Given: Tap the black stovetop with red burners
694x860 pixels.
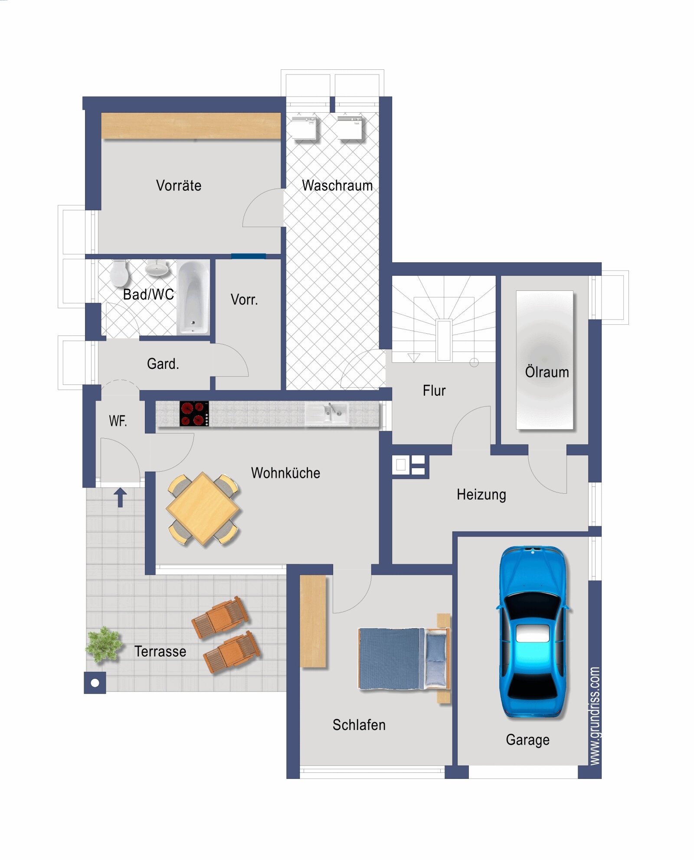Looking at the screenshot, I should pos(194,414).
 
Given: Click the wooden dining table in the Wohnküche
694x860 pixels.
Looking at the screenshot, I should pos(203,508).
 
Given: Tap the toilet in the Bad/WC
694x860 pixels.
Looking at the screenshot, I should pos(119,273).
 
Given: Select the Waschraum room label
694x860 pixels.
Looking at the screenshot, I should pos(337,186).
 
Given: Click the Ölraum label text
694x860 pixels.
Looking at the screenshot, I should pos(547,372).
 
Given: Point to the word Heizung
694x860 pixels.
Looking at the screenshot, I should pos(481,495).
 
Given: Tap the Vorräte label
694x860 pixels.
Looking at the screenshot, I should pos(179,186).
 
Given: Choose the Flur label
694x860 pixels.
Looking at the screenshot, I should pos(434,391).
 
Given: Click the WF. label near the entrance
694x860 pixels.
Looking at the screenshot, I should pos(118,421).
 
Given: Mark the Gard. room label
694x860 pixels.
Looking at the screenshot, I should pos(163,364).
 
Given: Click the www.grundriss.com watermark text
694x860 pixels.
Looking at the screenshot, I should pos(595,716).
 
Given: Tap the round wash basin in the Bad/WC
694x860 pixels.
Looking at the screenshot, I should pos(157,267).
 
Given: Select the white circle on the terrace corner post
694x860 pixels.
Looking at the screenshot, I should pos(95,683).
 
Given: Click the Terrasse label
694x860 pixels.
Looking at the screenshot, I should pos(160,652).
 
